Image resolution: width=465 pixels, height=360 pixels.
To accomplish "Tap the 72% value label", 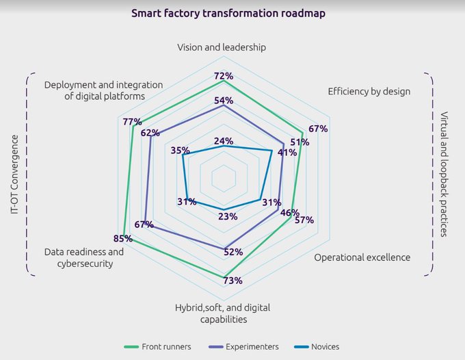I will point(224,76).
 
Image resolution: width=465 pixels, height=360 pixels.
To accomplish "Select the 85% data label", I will point(123,239).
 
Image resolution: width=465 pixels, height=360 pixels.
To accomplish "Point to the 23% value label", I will point(228,216).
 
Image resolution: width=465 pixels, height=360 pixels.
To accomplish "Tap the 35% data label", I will point(181,151).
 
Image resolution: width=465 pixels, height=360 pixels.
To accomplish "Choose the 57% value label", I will point(304,220).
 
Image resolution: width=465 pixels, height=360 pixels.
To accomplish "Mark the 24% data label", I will point(224,141).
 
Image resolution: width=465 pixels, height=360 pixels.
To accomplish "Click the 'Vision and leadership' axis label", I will point(222,48).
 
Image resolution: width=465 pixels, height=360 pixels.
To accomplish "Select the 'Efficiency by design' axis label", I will point(369,91).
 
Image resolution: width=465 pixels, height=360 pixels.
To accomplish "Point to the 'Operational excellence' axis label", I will point(362,257).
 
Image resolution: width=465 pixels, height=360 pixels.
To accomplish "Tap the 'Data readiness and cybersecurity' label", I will point(84,257).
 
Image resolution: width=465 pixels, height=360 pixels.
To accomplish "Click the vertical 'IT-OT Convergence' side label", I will point(15,174).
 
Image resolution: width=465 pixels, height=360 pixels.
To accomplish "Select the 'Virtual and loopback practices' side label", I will point(444,174).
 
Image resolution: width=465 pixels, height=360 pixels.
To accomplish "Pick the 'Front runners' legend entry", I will point(161,346).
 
